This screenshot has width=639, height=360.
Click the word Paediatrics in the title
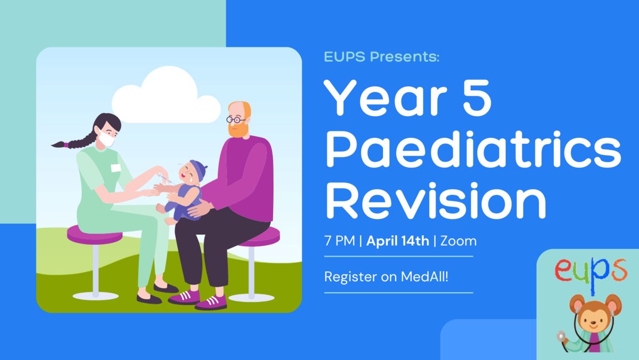pyautogui.click(x=473, y=149)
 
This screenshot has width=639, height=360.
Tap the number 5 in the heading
pyautogui.click(x=477, y=97)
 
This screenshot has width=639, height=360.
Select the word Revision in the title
pyautogui.click(x=436, y=201)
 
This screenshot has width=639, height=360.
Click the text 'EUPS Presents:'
pyautogui.click(x=382, y=56)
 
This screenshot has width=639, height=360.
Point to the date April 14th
pyautogui.click(x=398, y=241)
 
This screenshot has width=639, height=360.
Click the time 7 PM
pyautogui.click(x=340, y=241)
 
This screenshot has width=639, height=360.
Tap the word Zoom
pyautogui.click(x=458, y=241)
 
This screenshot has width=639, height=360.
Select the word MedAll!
pyautogui.click(x=424, y=276)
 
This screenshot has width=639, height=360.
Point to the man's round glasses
pyautogui.click(x=235, y=119)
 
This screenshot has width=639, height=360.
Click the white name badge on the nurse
pyautogui.click(x=116, y=168)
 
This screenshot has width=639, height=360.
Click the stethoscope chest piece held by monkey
pyautogui.click(x=561, y=336)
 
